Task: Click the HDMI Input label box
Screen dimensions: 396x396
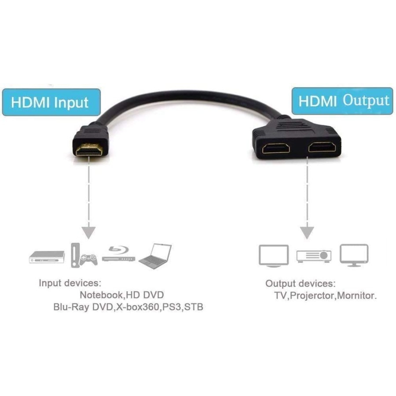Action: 51,102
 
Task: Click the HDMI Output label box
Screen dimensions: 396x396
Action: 342,101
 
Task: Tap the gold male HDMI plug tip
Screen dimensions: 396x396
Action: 89,149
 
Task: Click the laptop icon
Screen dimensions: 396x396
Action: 155,256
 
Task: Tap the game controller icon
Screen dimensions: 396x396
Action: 88,260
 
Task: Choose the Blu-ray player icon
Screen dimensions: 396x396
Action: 118,254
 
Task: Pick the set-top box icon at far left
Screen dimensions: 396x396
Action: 47,257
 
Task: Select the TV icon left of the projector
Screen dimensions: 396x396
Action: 274,256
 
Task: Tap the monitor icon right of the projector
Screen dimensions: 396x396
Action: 354,255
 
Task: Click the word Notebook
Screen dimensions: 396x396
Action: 101,295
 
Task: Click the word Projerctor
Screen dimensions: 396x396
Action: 312,296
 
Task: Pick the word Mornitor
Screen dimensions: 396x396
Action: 356,295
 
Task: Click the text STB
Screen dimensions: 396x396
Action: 194,307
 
